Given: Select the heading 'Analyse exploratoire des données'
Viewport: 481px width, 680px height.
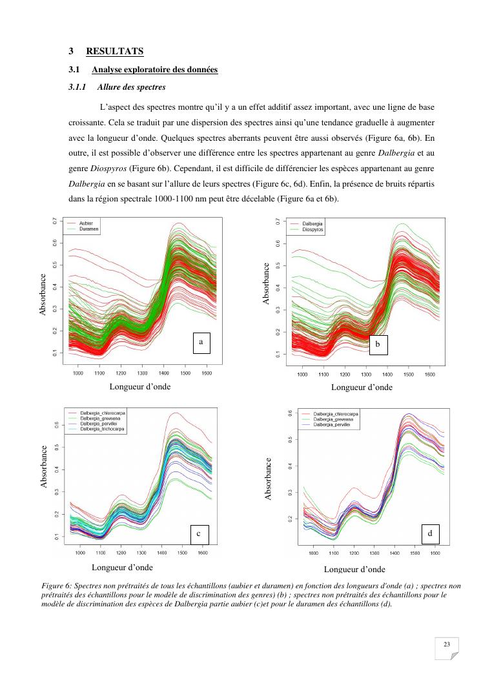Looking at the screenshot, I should tap(154, 70).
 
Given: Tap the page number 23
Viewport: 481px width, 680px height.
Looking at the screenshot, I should tap(447, 644).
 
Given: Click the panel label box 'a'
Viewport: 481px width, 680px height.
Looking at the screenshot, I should tap(201, 343).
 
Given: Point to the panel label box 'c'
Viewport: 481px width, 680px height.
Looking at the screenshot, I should tap(199, 534).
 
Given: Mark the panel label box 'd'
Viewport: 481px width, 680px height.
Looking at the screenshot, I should tap(430, 534).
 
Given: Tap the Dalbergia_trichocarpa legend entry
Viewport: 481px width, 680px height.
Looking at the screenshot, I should tap(103, 429).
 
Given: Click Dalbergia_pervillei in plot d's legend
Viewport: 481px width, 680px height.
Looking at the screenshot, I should tap(336, 425).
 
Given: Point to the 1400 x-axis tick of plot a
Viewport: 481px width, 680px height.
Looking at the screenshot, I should tap(163, 374).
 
